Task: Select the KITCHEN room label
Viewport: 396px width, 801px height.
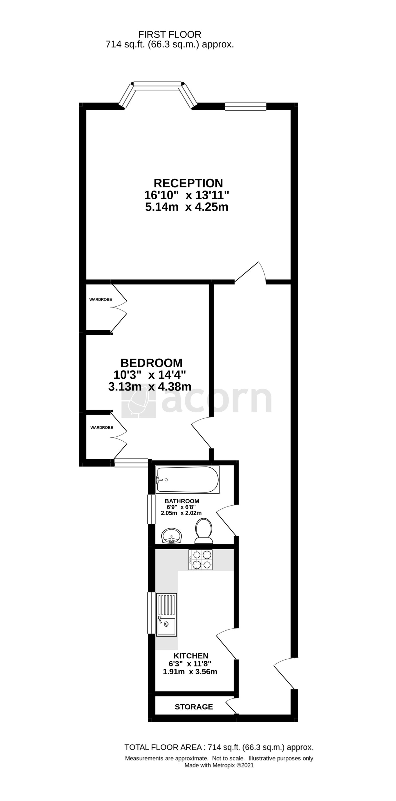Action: click(191, 656)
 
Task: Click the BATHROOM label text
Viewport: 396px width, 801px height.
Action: click(182, 501)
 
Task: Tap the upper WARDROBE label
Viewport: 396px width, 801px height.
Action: click(101, 300)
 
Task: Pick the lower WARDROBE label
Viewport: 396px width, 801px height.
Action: click(102, 428)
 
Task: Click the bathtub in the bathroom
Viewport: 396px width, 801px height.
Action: click(187, 480)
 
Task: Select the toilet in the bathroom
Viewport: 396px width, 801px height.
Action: click(204, 531)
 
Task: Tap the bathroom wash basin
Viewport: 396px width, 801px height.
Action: click(171, 535)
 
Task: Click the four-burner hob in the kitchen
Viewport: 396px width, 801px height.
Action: click(201, 560)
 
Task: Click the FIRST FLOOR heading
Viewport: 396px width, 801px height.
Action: click(170, 34)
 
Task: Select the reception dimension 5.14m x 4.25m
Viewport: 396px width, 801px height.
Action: click(187, 207)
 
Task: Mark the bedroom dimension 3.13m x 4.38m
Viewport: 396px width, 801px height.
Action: click(150, 387)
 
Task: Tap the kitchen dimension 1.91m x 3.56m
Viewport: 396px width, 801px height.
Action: click(190, 671)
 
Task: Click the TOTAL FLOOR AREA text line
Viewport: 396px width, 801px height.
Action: click(219, 747)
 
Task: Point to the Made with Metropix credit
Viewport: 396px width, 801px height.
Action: click(219, 765)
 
